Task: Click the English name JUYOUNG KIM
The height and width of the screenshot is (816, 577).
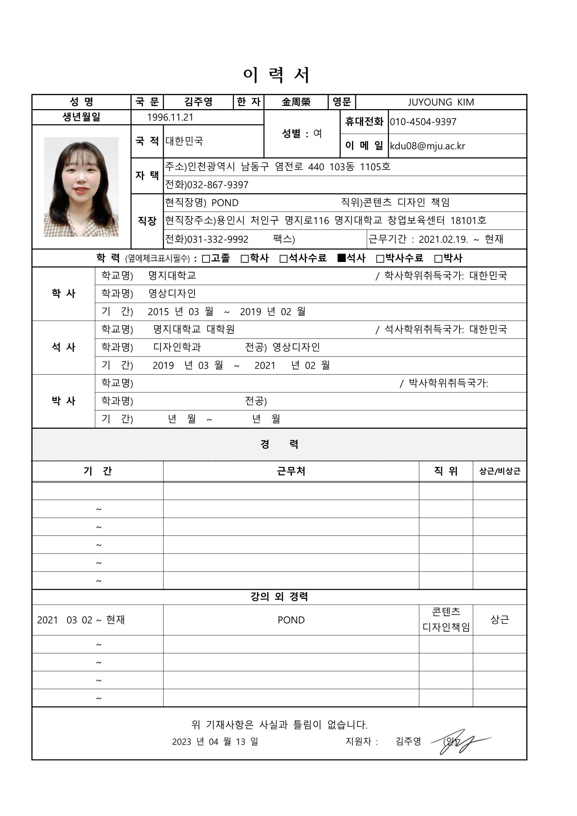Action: pos(441,102)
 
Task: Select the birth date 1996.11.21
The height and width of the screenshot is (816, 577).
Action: pos(170,117)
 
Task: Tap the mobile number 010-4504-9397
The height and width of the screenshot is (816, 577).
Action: pos(423,122)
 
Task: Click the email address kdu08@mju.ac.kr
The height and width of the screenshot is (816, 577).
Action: pos(427,146)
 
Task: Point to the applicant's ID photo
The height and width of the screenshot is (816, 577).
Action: pos(81,186)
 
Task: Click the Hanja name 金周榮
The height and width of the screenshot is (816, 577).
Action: pos(296,102)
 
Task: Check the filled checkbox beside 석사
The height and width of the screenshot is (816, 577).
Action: pos(341,258)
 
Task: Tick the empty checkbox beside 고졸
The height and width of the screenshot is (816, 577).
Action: pos(206,259)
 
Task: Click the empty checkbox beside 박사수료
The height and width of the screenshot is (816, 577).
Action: pos(380,259)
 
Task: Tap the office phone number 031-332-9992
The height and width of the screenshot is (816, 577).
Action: pos(218,239)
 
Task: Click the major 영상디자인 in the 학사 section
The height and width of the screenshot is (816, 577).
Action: pos(172,293)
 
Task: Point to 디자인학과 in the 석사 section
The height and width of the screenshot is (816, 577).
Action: pos(177,347)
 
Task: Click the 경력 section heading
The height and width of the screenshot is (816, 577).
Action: pos(279,444)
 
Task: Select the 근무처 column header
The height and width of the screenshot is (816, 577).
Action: pos(291,471)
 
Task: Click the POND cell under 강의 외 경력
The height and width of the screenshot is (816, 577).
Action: pos(291,620)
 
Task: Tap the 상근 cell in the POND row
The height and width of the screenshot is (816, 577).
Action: pos(500,619)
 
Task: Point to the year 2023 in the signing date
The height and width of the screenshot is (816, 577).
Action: pos(181,742)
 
